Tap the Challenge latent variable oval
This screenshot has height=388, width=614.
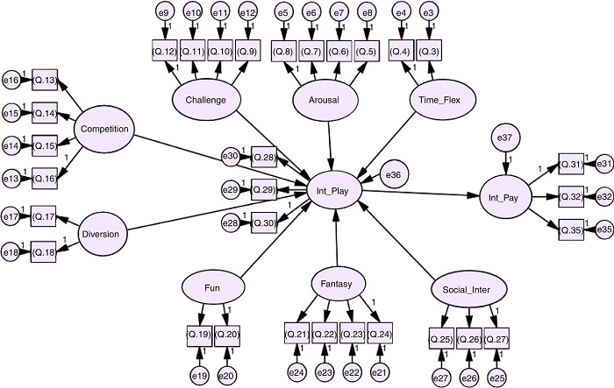tap(206, 100)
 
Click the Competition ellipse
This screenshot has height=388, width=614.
tap(104, 130)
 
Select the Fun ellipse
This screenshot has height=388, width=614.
tap(211, 286)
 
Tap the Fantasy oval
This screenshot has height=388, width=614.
tap(337, 284)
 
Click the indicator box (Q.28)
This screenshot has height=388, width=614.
tap(264, 156)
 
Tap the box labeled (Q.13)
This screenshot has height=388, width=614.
tap(46, 81)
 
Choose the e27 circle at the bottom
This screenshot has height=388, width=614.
tap(439, 377)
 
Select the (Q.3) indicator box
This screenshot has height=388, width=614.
tap(429, 50)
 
